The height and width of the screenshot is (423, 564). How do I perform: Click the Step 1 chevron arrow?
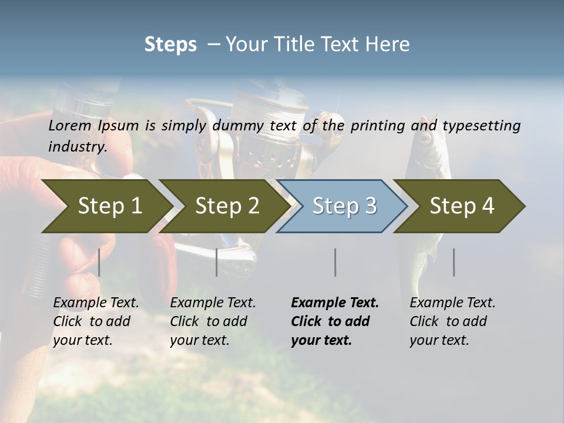point(109,206)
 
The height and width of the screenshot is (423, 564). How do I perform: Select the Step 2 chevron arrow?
point(226,206)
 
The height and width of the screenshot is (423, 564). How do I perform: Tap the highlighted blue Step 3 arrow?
point(344,206)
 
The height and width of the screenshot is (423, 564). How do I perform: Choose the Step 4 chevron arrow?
point(461,206)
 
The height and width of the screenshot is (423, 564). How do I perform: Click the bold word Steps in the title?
point(170,45)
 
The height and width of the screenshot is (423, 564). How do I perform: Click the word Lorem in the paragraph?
point(69,126)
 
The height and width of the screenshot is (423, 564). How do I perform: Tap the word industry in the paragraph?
point(77,146)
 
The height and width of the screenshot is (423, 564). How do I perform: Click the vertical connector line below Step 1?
point(99,262)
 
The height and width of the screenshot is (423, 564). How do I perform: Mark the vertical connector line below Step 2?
point(217,262)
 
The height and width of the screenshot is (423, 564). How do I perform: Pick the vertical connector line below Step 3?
point(335,262)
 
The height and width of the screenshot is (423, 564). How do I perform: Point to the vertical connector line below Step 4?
point(454,262)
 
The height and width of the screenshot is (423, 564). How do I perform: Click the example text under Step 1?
point(96,321)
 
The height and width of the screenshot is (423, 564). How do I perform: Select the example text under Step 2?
point(213,321)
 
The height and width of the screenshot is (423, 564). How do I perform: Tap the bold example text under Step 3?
point(335,321)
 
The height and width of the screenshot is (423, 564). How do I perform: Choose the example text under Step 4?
point(452,321)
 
